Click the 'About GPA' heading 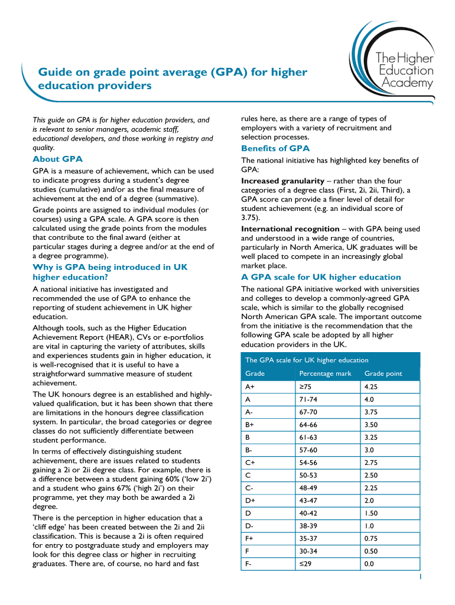coord(57,159)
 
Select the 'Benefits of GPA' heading coord(275,148)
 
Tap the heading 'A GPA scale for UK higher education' coord(321,277)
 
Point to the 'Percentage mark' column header coord(325,373)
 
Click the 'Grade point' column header coord(383,373)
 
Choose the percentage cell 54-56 coord(309,463)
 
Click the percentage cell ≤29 coord(306,564)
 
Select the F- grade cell coord(249,564)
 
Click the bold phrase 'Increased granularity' coord(282,181)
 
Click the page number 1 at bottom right coord(420,577)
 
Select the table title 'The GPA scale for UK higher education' coord(307,360)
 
